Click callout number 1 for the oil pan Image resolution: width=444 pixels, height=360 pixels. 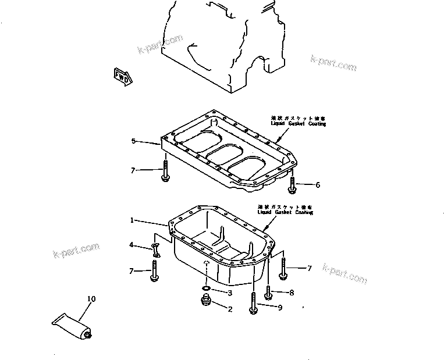coord(133,220)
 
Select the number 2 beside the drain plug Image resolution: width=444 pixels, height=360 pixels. coord(230,309)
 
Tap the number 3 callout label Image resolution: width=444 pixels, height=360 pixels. coord(230,293)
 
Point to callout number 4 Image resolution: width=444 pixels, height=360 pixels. coord(132,245)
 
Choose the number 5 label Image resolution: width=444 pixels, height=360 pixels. coord(133,141)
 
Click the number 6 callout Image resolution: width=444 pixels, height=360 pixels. coord(317,185)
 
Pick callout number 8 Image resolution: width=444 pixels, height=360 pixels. coord(292,293)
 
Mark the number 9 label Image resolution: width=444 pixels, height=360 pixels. coord(280,308)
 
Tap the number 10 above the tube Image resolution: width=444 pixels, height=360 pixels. coord(91,300)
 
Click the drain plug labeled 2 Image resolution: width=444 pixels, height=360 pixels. coord(204,302)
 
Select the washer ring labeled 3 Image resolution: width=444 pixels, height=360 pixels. coord(206,288)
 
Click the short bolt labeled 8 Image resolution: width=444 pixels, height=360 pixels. coord(268,291)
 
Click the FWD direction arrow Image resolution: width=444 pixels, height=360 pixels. coord(122,76)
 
